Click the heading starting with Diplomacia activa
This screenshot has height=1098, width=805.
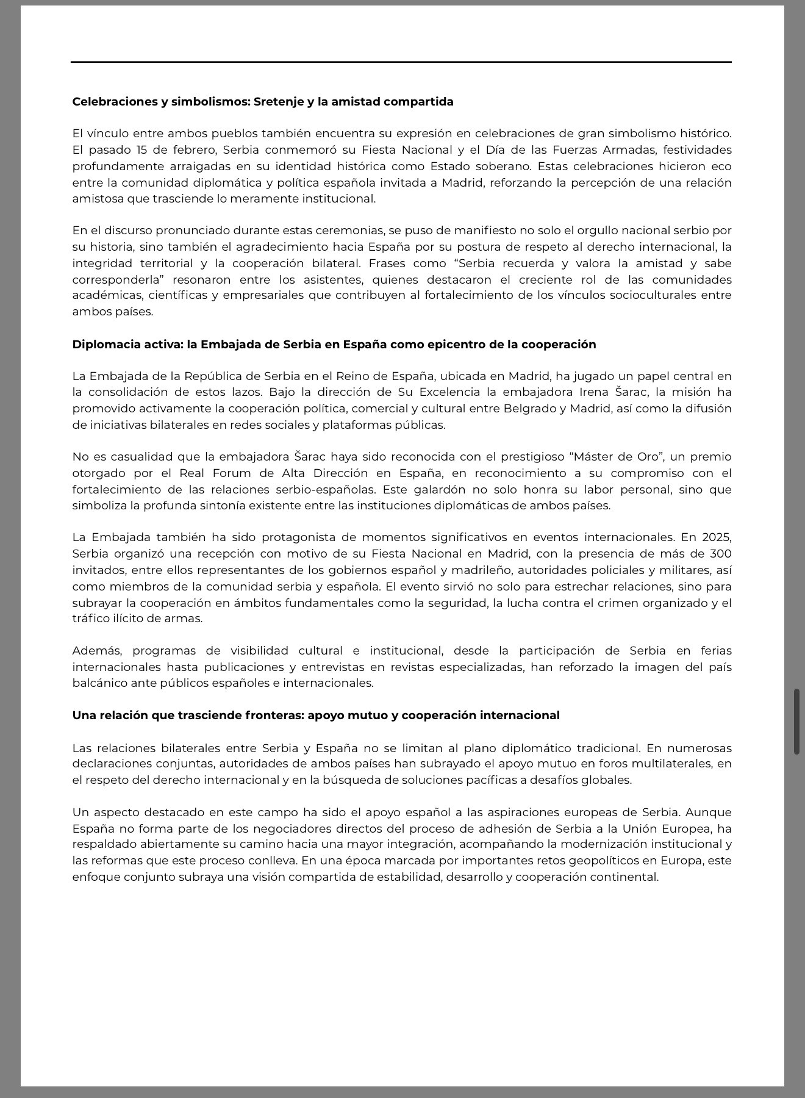(x=334, y=345)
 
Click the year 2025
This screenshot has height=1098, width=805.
(x=716, y=537)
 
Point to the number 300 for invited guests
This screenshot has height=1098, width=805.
(x=720, y=554)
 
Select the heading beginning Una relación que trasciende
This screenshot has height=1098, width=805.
(x=315, y=716)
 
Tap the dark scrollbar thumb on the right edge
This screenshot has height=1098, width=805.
(x=796, y=722)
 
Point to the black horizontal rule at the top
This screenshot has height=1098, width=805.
(x=401, y=62)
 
